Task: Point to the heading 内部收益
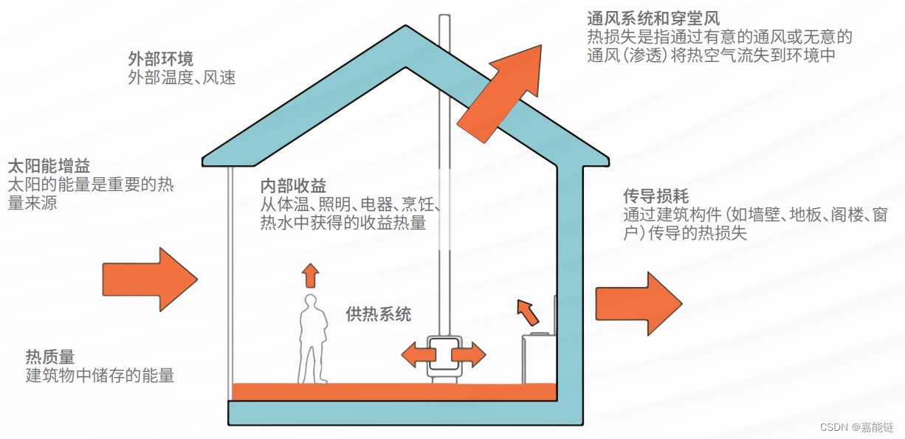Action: (x=293, y=186)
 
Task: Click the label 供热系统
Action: (x=379, y=314)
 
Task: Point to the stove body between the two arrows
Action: (x=444, y=354)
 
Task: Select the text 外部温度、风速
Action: (x=182, y=77)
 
